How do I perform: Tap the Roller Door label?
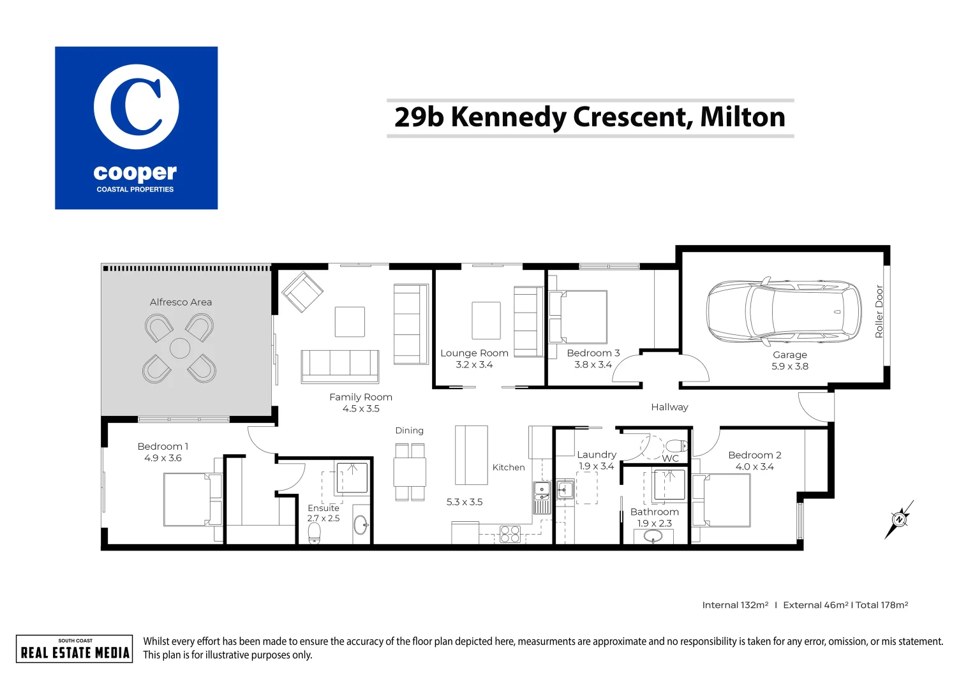[x=879, y=311]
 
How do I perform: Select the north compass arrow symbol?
[x=899, y=519]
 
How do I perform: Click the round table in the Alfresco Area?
[x=180, y=349]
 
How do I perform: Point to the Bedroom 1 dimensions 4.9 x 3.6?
[x=163, y=458]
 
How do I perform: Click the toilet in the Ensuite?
[x=314, y=533]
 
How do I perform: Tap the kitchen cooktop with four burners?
[x=510, y=534]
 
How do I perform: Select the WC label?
[x=670, y=458]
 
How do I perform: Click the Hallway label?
[x=669, y=407]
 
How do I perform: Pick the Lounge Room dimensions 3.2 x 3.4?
[x=474, y=365]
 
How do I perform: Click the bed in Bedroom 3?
[x=578, y=316]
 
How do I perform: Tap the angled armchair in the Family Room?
[x=302, y=292]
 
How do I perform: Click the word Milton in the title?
[x=742, y=117]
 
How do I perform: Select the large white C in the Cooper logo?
[x=136, y=107]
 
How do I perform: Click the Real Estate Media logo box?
[x=75, y=649]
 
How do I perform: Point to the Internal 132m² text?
[x=735, y=605]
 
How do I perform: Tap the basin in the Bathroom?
[x=653, y=536]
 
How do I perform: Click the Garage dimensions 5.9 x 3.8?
[x=789, y=366]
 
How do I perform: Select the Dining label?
[x=409, y=431]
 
